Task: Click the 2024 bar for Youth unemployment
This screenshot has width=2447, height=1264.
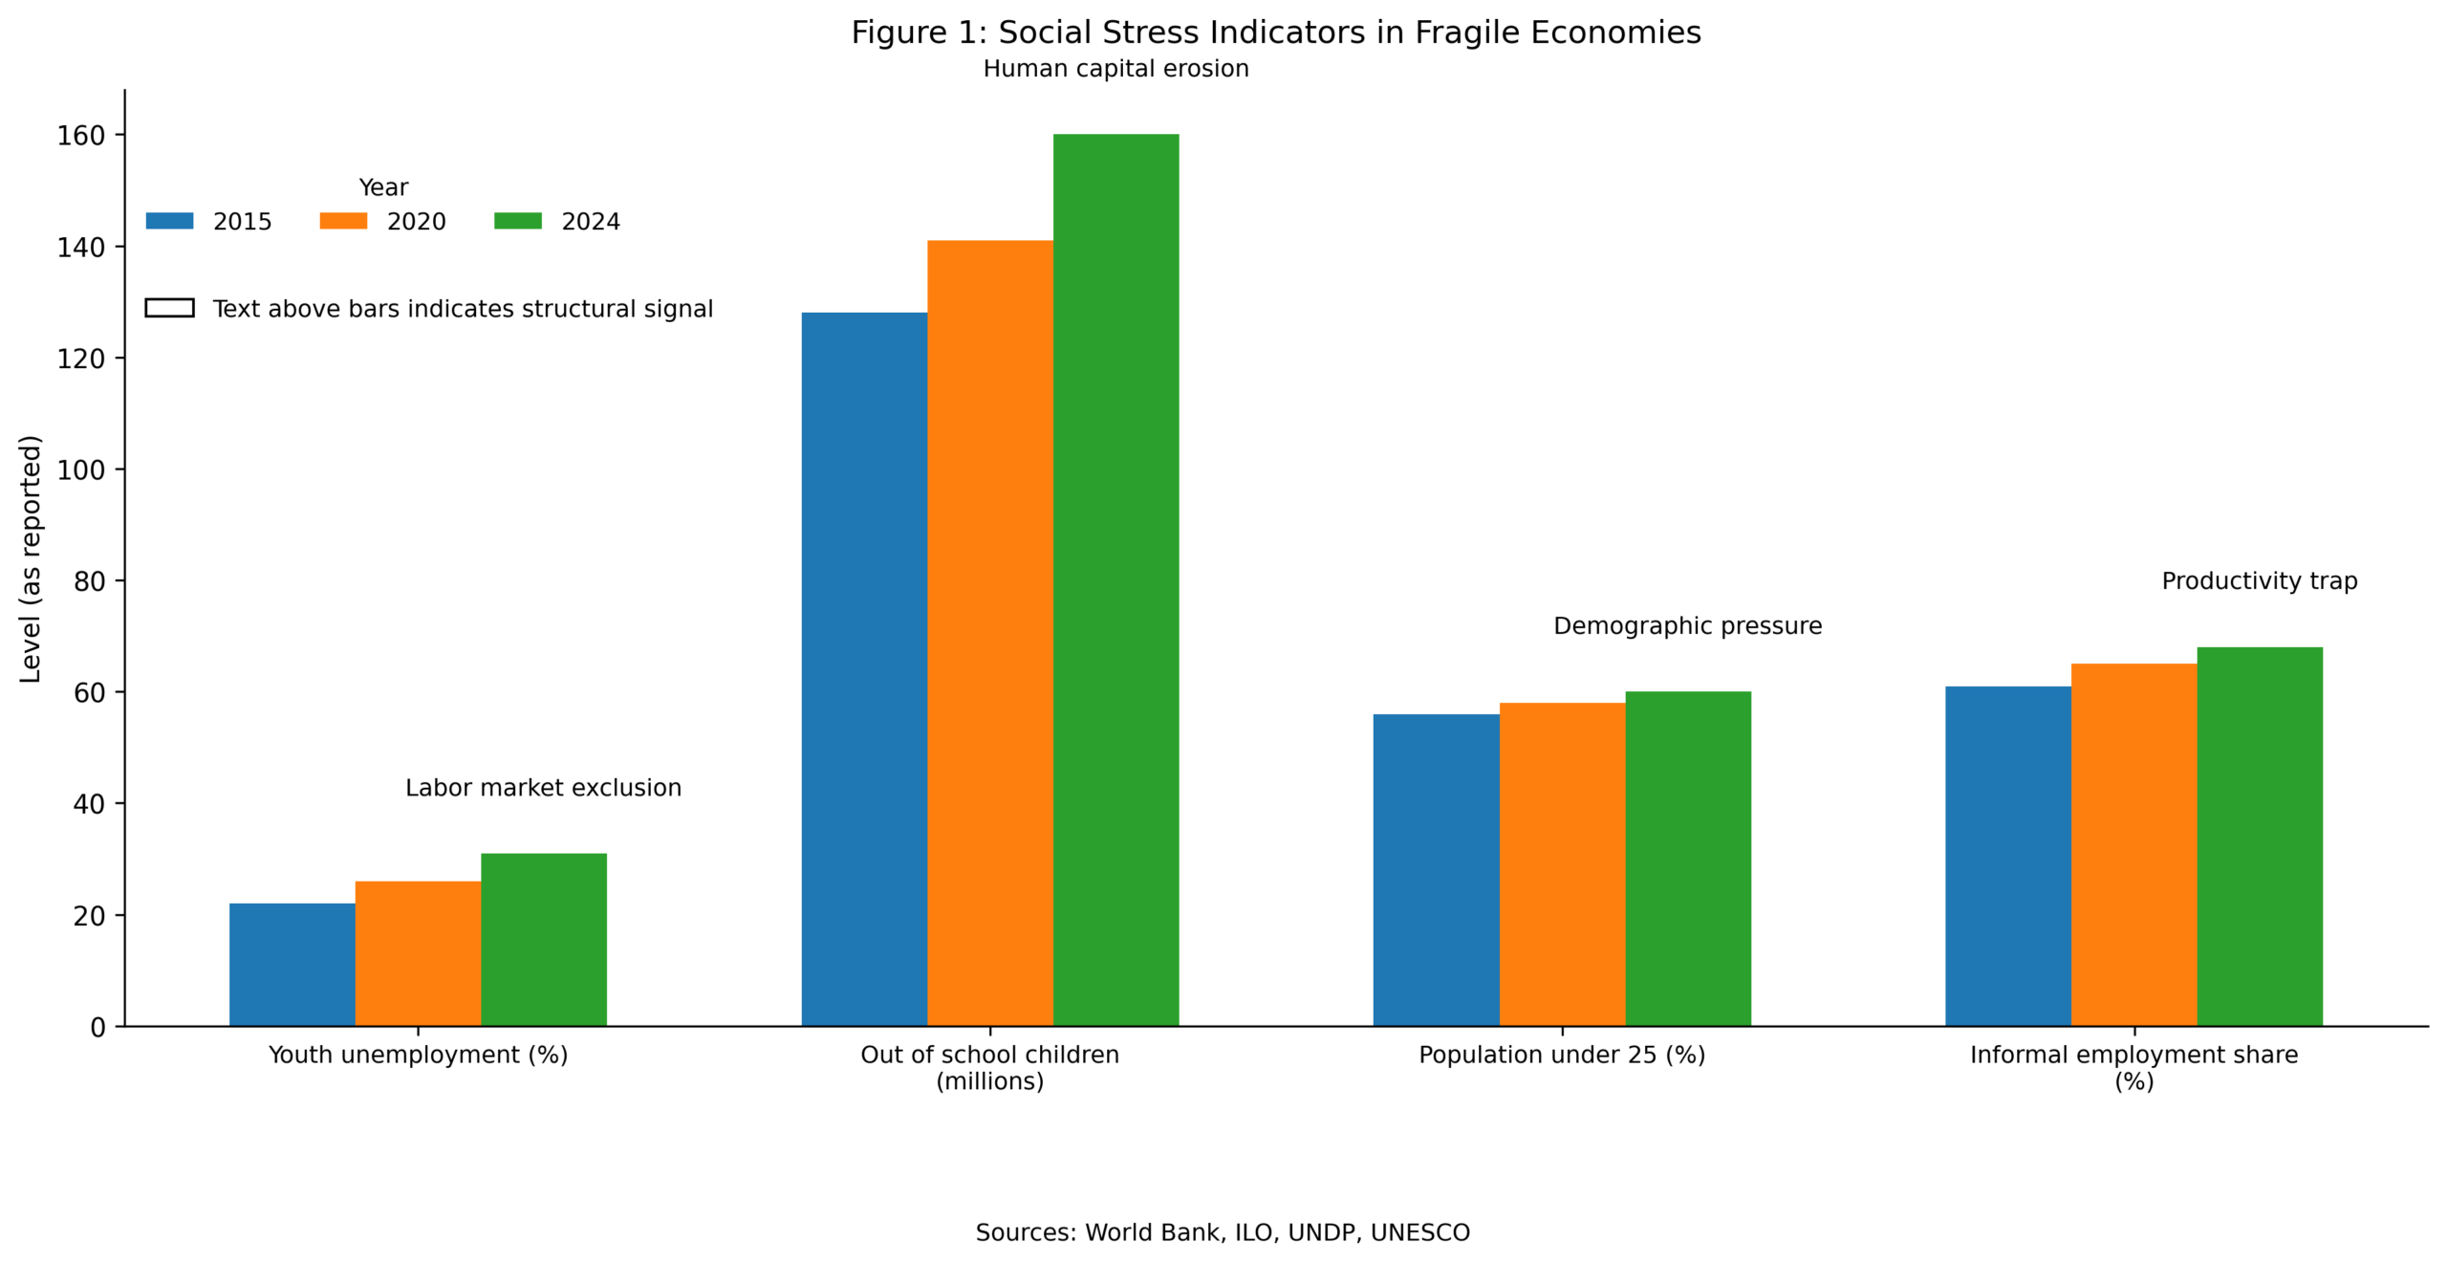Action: click(543, 939)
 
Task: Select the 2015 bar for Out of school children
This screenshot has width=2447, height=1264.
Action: click(863, 669)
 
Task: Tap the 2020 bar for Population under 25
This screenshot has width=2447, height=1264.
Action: click(1561, 864)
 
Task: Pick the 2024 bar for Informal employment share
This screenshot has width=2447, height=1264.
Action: click(2259, 837)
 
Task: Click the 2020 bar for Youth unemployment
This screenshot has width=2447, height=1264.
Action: click(418, 953)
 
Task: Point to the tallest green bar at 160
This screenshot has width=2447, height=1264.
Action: click(1115, 579)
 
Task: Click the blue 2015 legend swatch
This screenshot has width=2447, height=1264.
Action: click(169, 221)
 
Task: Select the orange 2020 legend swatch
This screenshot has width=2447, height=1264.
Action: click(343, 221)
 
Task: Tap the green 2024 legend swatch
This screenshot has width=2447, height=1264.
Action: click(517, 221)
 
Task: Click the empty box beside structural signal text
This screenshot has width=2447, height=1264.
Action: click(169, 308)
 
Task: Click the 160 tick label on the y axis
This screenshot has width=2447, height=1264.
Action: click(81, 136)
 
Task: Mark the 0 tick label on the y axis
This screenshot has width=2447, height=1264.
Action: click(97, 1028)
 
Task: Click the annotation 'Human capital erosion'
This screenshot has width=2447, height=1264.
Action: click(1115, 69)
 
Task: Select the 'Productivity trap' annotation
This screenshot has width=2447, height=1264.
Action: click(2259, 581)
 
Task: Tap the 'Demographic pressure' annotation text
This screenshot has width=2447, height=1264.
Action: click(1687, 626)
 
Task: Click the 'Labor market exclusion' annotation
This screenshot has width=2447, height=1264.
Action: click(543, 788)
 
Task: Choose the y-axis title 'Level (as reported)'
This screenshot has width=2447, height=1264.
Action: click(31, 559)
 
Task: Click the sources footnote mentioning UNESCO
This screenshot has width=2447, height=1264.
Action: click(1223, 1232)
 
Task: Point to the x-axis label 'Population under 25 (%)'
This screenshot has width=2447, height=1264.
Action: click(1561, 1055)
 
